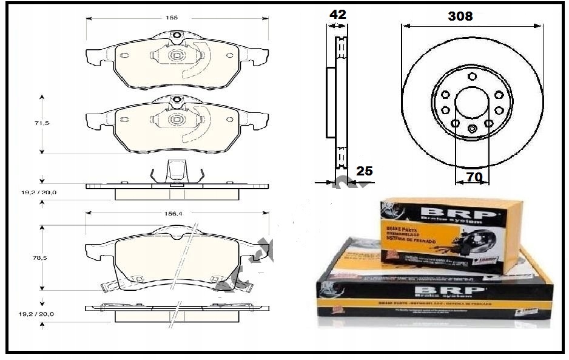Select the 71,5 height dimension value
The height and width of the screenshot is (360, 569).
pyautogui.click(x=42, y=123)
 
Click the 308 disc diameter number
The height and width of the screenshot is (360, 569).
pyautogui.click(x=460, y=16)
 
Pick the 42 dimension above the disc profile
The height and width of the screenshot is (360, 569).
pyautogui.click(x=337, y=14)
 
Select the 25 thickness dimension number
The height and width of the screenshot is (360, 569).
pyautogui.click(x=364, y=171)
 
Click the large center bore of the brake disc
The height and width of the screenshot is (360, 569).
pyautogui.click(x=472, y=101)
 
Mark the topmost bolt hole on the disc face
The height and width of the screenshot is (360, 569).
pyautogui.click(x=472, y=76)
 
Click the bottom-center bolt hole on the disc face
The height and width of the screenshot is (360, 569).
pyautogui.click(x=472, y=129)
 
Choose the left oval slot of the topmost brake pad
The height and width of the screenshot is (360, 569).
pyautogui.click(x=125, y=56)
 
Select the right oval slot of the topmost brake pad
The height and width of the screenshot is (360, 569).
pyautogui.click(x=229, y=55)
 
